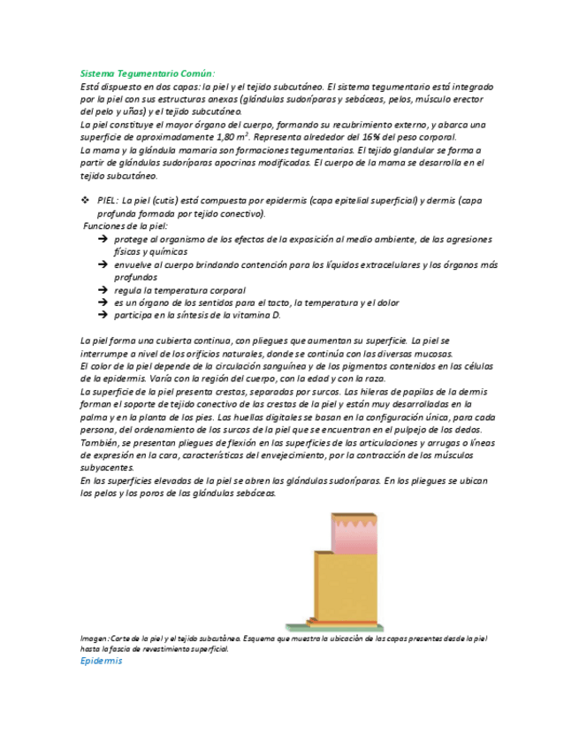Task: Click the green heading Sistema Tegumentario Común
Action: point(148,75)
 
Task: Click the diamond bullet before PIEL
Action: point(85,201)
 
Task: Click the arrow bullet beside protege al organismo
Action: point(103,239)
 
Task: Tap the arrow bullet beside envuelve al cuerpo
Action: point(103,264)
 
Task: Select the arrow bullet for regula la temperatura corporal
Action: point(103,290)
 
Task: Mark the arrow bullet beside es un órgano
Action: point(103,302)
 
